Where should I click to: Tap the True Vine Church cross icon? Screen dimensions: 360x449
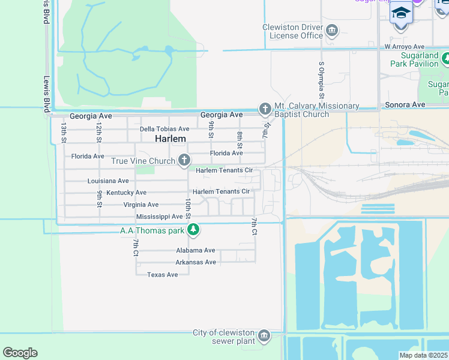pyautogui.click(x=184, y=160)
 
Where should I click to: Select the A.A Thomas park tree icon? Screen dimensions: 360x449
pyautogui.click(x=193, y=229)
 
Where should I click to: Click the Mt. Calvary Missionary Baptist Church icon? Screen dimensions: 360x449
pyautogui.click(x=265, y=109)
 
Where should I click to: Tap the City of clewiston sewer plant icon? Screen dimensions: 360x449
pyautogui.click(x=264, y=335)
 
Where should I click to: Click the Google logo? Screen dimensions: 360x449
pyautogui.click(x=20, y=353)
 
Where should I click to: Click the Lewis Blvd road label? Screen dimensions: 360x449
pyautogui.click(x=46, y=94)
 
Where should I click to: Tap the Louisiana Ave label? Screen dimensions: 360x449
pyautogui.click(x=108, y=181)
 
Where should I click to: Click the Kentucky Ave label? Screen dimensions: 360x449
pyautogui.click(x=126, y=193)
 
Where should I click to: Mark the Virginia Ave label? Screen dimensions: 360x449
pyautogui.click(x=141, y=205)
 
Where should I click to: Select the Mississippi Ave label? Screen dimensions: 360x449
pyautogui.click(x=159, y=216)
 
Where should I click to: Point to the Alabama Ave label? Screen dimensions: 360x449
pyautogui.click(x=195, y=250)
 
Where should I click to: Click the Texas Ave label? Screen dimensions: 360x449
pyautogui.click(x=163, y=274)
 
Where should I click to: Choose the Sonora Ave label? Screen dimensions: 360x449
pyautogui.click(x=405, y=104)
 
